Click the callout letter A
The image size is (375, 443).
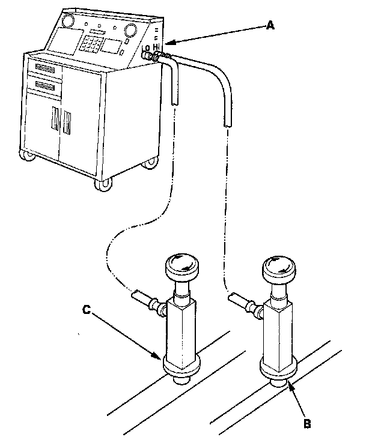(270, 25)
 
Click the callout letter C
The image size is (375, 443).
(86, 311)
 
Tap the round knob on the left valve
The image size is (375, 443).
(182, 265)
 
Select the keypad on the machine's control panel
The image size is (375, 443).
(91, 45)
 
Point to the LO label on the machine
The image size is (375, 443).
(145, 48)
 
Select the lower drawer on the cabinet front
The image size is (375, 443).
(46, 88)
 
